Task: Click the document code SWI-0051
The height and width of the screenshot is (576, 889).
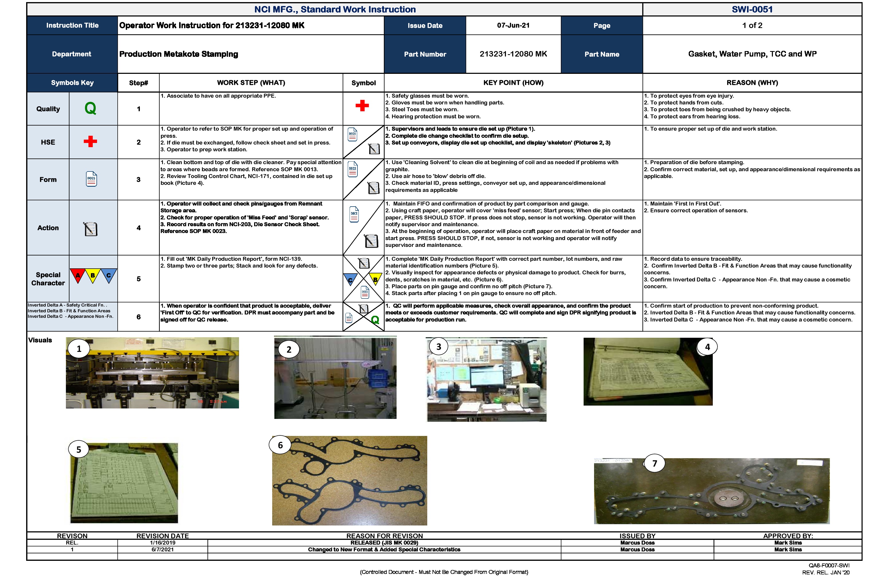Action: coord(752,9)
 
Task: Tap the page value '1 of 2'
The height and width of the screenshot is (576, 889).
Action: coord(752,25)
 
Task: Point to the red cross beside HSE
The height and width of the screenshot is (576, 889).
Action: coord(90,141)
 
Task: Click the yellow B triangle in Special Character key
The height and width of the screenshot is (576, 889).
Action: coord(93,275)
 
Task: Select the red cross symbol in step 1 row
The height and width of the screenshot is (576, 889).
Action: coord(362,106)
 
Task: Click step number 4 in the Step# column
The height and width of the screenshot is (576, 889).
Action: coord(139,228)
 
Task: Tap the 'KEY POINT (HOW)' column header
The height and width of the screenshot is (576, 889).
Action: coord(513,83)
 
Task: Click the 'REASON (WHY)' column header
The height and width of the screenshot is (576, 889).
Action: coord(752,83)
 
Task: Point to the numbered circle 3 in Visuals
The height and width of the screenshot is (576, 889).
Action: coord(438,347)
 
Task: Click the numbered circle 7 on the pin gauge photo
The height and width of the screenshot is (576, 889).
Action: coord(654,463)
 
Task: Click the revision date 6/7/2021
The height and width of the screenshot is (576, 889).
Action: coord(162,550)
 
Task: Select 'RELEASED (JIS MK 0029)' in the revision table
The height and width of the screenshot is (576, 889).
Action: coord(384,543)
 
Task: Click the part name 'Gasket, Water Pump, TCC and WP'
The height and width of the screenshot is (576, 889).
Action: coord(752,54)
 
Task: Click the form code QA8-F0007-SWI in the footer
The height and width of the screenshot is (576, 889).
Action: coord(829,566)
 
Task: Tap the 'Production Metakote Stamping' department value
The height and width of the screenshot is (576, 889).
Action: coord(179,54)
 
